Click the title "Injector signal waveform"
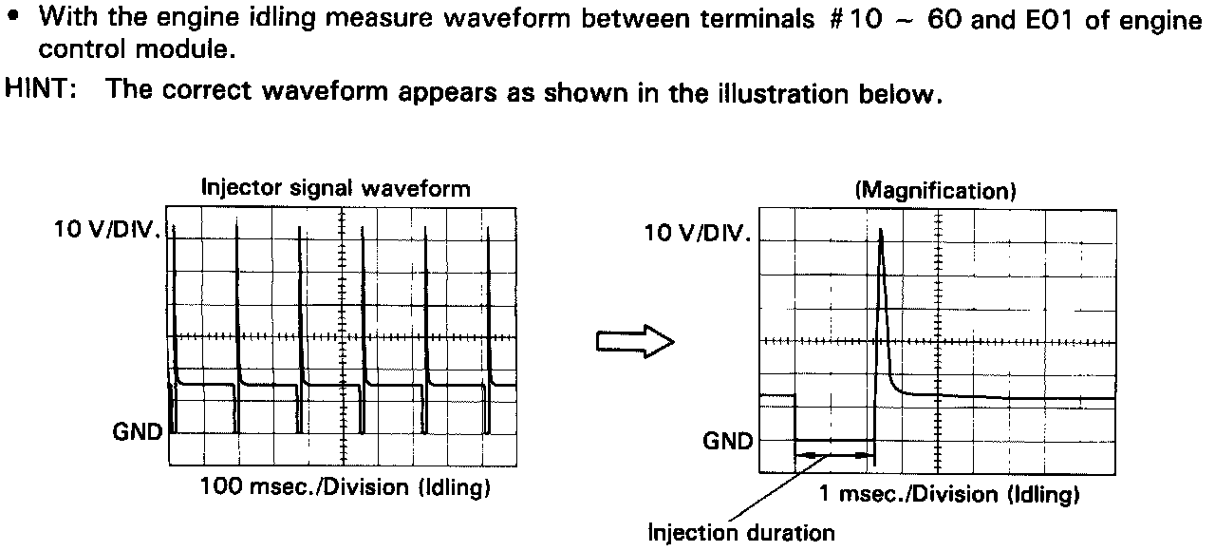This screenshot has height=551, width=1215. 335,188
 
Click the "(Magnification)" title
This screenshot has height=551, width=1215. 936,191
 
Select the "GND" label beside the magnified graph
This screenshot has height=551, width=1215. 728,441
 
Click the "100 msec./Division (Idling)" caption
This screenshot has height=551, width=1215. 346,489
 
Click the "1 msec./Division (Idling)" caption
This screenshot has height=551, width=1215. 948,494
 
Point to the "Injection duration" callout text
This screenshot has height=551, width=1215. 740,532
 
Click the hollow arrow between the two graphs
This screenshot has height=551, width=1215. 634,342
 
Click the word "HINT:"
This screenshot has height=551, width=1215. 40,91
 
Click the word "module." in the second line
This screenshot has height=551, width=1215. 195,47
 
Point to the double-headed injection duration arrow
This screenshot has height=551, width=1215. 833,455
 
